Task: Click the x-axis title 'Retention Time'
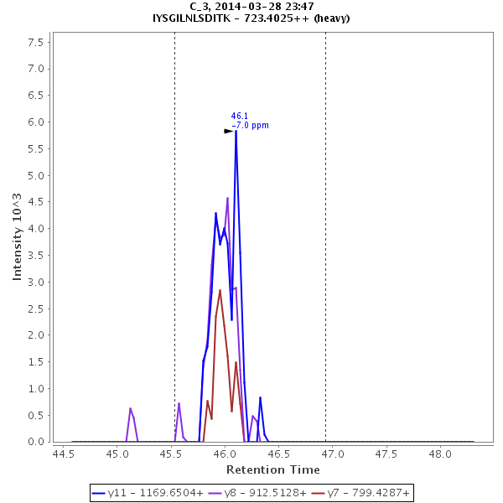(272, 469)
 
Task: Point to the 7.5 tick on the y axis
(35, 42)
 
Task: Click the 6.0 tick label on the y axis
(35, 122)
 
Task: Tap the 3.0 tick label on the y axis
(35, 283)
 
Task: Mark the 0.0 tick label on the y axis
(35, 442)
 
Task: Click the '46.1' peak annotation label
(239, 117)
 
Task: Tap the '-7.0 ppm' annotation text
(250, 126)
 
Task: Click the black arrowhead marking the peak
(228, 131)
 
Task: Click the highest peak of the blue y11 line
(236, 132)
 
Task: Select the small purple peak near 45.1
(130, 408)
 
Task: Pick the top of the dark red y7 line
(220, 290)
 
